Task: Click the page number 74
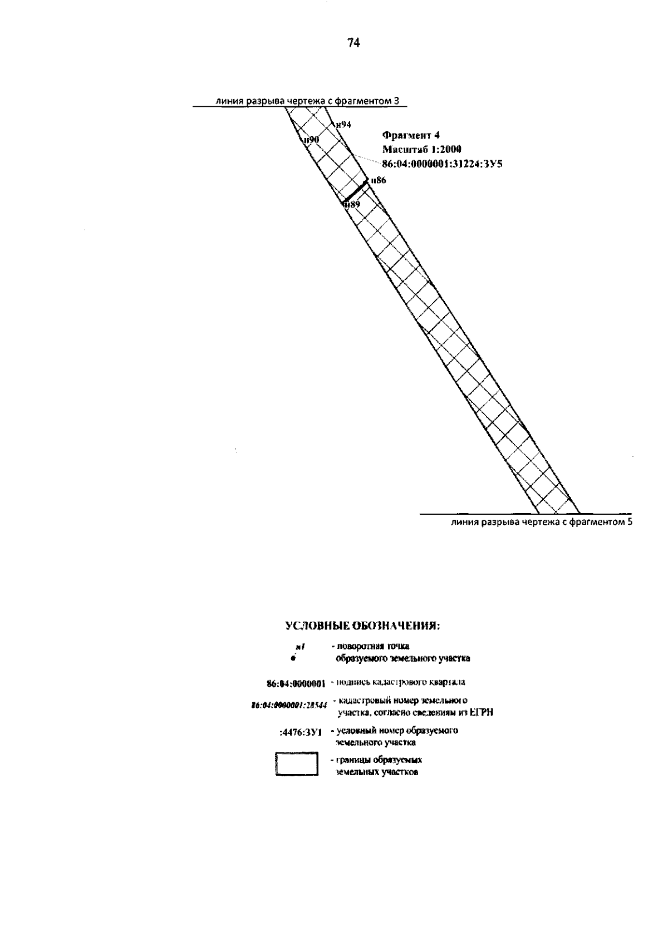(353, 43)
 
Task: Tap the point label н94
(343, 125)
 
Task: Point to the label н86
(378, 180)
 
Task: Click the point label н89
(352, 205)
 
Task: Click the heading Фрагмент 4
(411, 135)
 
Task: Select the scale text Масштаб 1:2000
(422, 149)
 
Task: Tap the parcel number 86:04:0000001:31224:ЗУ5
(442, 164)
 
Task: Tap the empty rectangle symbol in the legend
(297, 763)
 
